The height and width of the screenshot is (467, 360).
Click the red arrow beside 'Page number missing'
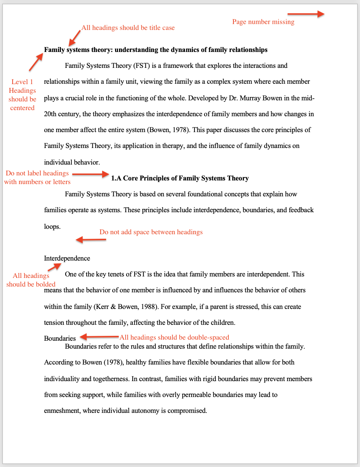(x=306, y=14)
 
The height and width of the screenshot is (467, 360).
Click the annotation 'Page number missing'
(x=263, y=22)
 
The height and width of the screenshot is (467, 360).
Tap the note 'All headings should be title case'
(x=128, y=28)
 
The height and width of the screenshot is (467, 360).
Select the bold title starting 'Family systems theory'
(x=155, y=50)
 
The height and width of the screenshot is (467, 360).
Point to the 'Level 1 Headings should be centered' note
(x=22, y=95)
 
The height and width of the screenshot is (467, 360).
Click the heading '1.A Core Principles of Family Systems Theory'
(x=180, y=178)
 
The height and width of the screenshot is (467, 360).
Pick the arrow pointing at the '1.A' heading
(x=90, y=174)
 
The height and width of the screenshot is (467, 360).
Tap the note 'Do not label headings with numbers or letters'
(x=37, y=178)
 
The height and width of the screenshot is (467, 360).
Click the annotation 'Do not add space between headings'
(x=151, y=232)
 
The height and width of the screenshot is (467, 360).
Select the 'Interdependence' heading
(x=67, y=258)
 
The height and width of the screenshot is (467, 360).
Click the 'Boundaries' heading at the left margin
(x=60, y=339)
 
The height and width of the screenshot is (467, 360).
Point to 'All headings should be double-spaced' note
(x=174, y=337)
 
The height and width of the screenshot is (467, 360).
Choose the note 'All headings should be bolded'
(x=31, y=280)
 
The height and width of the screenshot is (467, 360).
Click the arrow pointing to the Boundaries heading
(x=99, y=337)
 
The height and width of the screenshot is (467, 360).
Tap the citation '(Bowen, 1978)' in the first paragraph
(x=168, y=130)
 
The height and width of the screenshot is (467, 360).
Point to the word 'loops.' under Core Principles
(x=52, y=227)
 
